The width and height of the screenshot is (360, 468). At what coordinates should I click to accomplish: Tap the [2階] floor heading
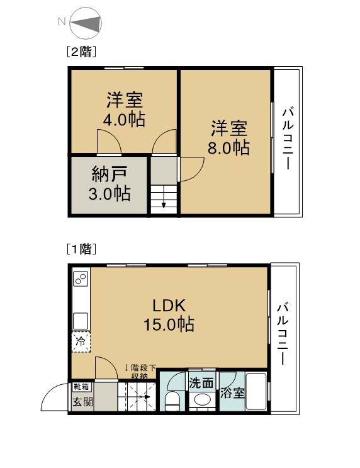click(81, 52)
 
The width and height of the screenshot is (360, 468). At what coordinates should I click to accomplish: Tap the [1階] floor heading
click(81, 249)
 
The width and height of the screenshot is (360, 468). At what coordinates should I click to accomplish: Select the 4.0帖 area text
click(124, 120)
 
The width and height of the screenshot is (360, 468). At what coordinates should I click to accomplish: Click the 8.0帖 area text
click(228, 147)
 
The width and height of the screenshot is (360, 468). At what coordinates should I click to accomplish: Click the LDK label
click(169, 305)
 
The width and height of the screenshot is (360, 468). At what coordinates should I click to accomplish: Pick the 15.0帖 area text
click(169, 324)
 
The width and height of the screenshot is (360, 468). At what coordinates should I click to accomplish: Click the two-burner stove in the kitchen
click(81, 279)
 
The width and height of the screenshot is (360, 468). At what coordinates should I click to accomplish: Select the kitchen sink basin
click(81, 321)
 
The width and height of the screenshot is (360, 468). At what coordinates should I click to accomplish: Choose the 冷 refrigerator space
click(81, 342)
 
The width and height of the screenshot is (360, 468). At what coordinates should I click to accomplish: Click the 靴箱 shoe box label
click(81, 387)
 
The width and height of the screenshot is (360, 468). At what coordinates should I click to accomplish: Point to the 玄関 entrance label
click(83, 402)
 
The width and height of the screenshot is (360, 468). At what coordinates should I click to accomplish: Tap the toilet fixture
click(173, 401)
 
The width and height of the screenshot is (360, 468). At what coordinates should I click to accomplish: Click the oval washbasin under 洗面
click(203, 400)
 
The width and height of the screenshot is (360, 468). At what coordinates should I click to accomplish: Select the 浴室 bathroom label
click(232, 393)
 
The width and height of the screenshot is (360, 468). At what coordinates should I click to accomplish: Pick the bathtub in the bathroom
click(256, 391)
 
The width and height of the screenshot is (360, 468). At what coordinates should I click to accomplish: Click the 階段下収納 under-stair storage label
click(140, 372)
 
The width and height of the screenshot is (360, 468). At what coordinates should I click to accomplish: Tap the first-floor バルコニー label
click(283, 334)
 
